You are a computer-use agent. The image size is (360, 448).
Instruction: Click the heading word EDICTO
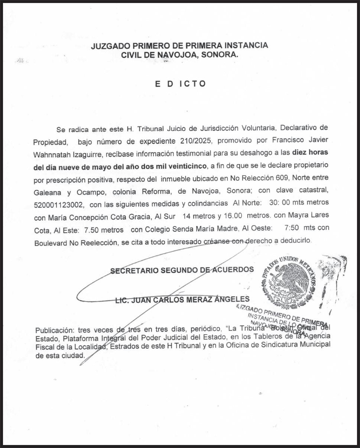tap(180, 84)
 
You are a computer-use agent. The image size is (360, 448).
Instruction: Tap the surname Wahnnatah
tap(50, 153)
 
